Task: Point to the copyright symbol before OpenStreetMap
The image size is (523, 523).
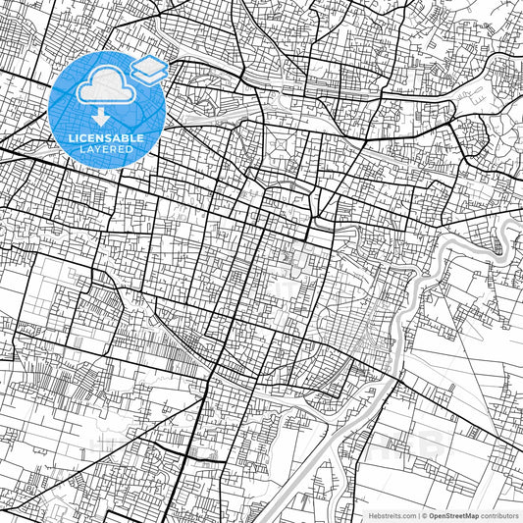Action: [x=424, y=514]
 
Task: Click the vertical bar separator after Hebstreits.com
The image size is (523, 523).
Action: [x=417, y=514]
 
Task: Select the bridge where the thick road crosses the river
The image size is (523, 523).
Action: [x=397, y=376]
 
